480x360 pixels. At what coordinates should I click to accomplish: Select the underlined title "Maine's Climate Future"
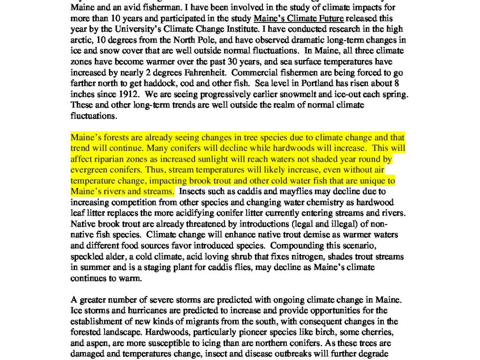tap(298, 19)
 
